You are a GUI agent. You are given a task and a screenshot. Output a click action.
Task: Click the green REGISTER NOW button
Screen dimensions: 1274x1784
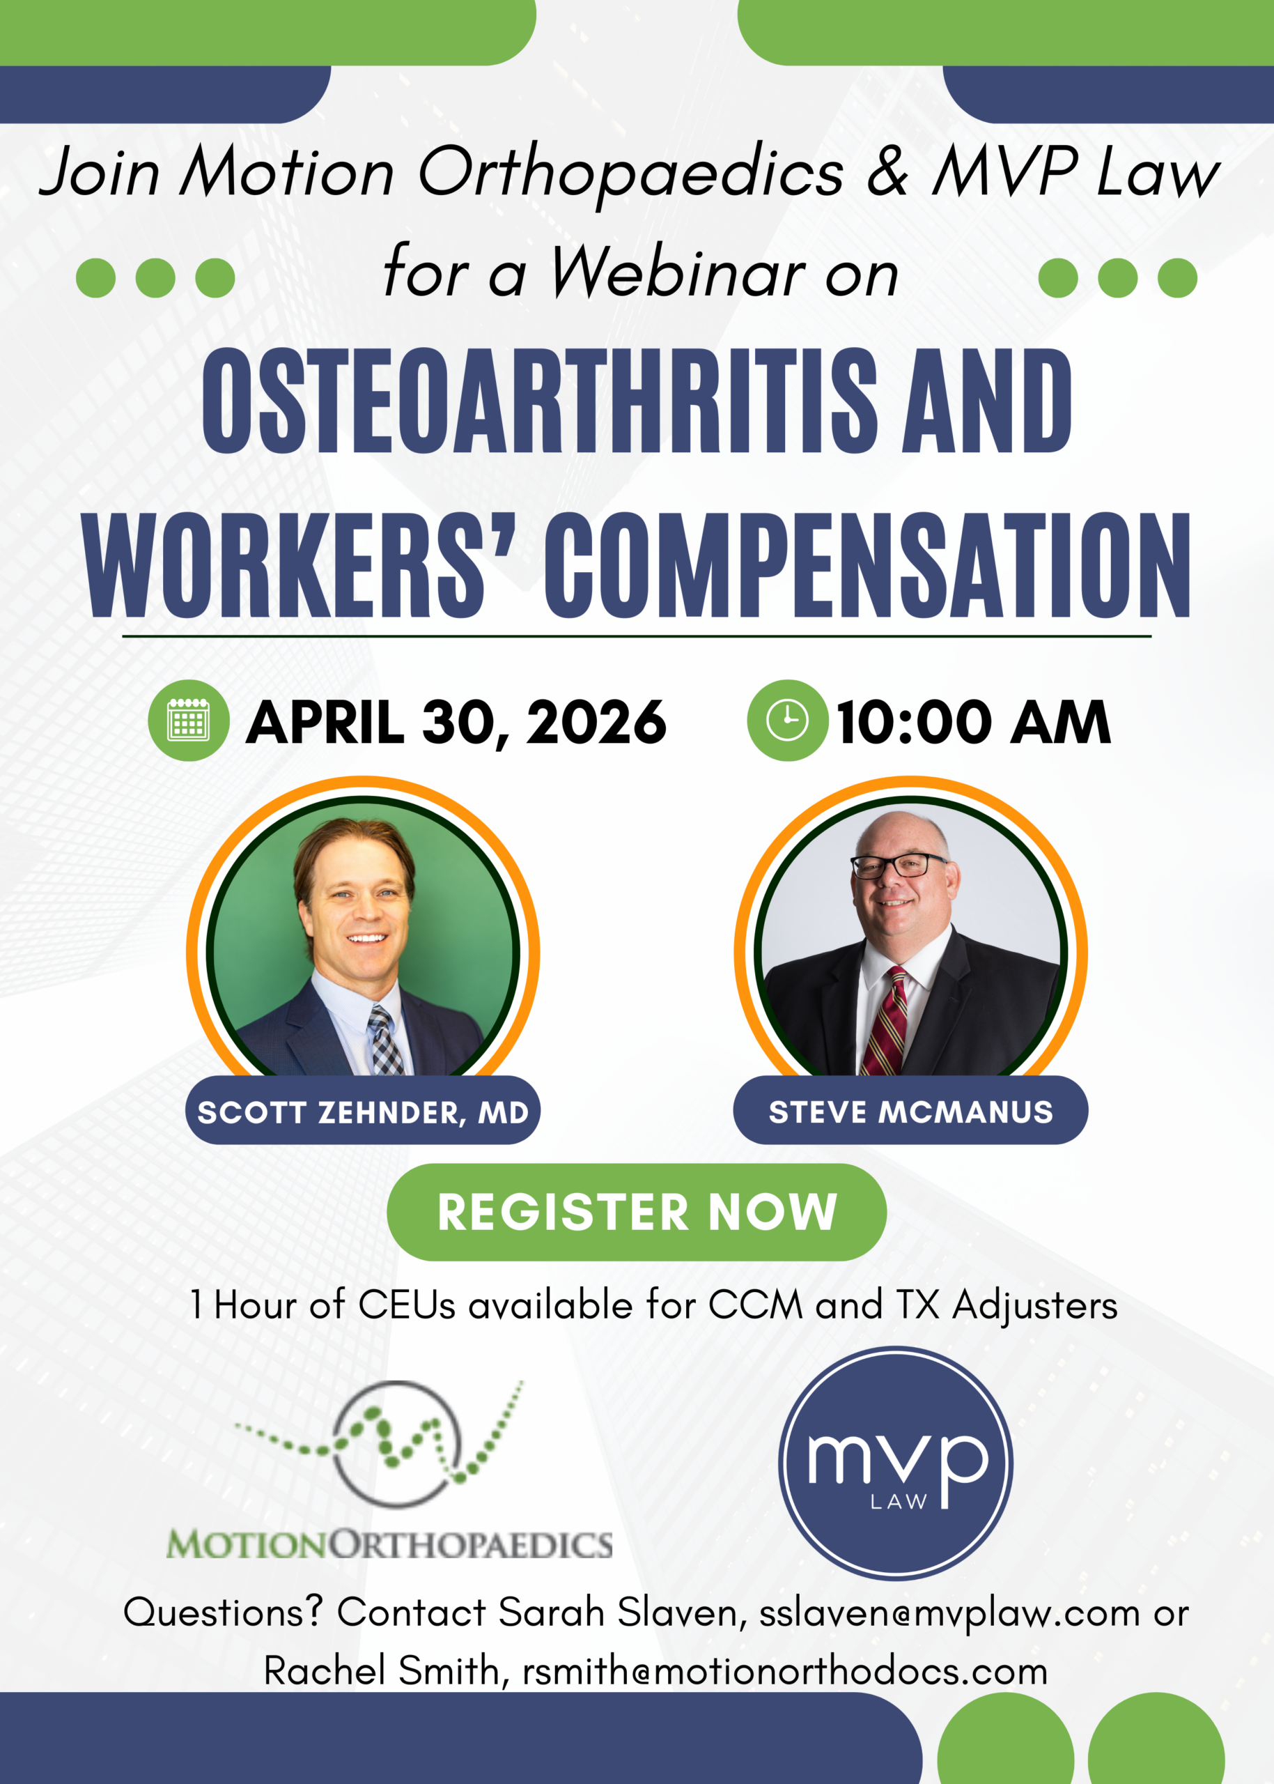click(636, 1212)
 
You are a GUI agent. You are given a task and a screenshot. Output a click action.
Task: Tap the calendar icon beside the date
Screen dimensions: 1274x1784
click(188, 720)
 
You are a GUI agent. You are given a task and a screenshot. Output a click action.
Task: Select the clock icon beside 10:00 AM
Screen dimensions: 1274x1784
click(787, 720)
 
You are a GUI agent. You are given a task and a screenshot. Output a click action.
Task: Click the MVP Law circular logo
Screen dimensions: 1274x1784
click(896, 1463)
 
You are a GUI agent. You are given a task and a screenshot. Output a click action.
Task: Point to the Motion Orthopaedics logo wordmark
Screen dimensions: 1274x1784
click(389, 1544)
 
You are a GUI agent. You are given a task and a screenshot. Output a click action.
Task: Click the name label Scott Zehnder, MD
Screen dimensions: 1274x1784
click(362, 1112)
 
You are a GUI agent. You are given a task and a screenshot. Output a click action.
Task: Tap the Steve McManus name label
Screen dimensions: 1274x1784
click(910, 1112)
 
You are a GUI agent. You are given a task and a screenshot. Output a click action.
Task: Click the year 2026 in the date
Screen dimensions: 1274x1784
click(596, 722)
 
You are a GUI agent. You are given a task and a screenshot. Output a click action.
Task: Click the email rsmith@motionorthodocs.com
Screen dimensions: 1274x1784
click(785, 1672)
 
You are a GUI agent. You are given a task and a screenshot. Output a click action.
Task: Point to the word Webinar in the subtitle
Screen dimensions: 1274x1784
click(678, 272)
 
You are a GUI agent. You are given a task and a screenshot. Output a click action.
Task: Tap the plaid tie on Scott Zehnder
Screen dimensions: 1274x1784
click(387, 1040)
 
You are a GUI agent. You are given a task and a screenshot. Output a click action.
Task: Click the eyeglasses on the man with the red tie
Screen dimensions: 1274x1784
click(900, 866)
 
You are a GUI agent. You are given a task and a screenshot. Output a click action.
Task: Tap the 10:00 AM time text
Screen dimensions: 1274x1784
click(974, 722)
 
